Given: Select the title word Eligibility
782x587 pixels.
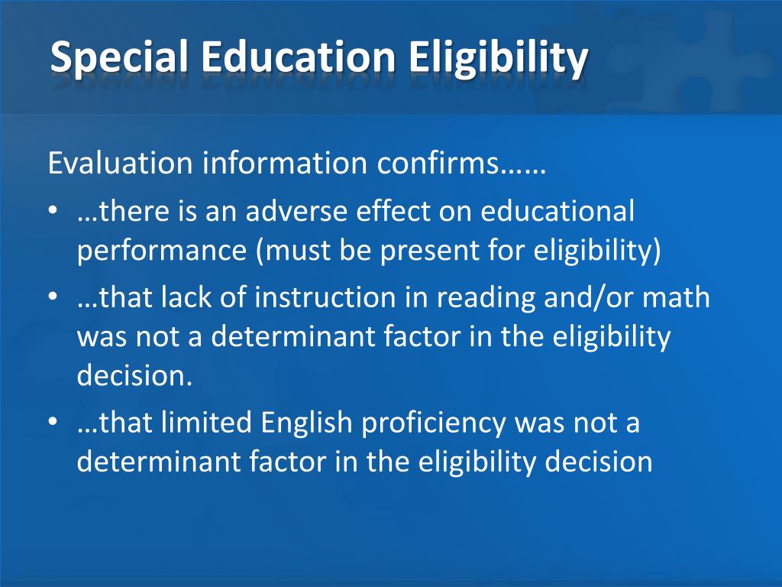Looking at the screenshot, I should click(499, 59).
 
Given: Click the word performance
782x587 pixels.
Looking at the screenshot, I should click(162, 251).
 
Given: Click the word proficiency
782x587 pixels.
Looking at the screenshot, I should click(436, 423).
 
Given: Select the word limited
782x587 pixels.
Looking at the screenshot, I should click(207, 423).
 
